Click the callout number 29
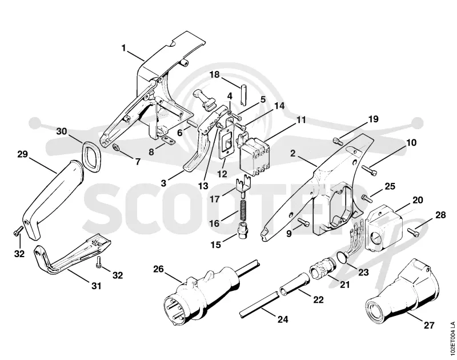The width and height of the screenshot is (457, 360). [22, 154]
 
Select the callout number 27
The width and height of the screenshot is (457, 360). [429, 325]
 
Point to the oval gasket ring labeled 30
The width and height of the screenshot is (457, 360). [91, 156]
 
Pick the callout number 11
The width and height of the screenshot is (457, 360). [301, 120]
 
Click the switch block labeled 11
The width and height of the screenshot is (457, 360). [254, 156]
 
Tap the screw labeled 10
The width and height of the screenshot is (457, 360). [370, 170]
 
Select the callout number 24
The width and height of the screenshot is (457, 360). [282, 319]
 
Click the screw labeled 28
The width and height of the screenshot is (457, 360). [413, 233]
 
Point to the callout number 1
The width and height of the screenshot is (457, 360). [124, 47]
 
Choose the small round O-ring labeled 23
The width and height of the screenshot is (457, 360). [343, 257]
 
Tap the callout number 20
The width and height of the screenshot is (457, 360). [418, 200]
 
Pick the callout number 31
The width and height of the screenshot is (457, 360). [96, 286]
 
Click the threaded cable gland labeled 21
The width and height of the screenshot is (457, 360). [322, 267]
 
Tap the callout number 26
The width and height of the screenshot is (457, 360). [159, 269]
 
